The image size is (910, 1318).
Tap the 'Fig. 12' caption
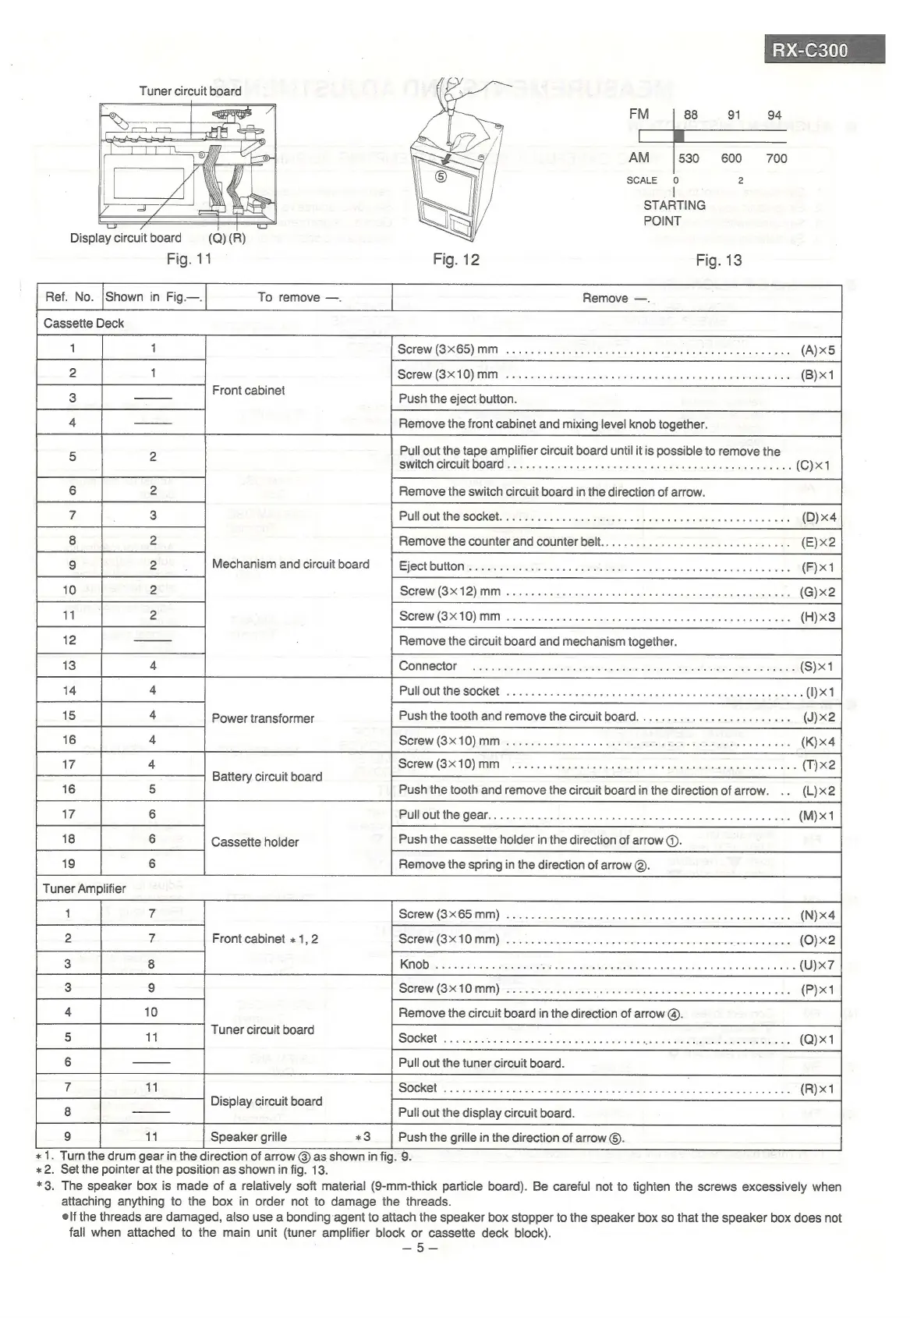[456, 260]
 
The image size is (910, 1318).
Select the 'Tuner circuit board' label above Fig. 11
[190, 91]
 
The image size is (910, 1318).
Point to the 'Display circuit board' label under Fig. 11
[126, 238]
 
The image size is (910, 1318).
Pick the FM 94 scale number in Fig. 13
[774, 115]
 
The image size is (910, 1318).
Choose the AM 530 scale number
[689, 158]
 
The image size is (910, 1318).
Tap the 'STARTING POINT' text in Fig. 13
[674, 213]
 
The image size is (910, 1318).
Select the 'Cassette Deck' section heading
[83, 324]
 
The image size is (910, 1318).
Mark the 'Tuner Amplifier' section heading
[84, 888]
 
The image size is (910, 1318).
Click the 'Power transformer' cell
[263, 718]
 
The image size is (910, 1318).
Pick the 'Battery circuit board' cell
[267, 777]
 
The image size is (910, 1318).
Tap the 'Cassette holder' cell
[255, 842]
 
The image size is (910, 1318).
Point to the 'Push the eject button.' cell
[458, 399]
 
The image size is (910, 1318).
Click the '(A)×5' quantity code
[818, 350]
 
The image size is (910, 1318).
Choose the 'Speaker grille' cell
[249, 1137]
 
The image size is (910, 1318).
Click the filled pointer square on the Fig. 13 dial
[678, 136]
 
